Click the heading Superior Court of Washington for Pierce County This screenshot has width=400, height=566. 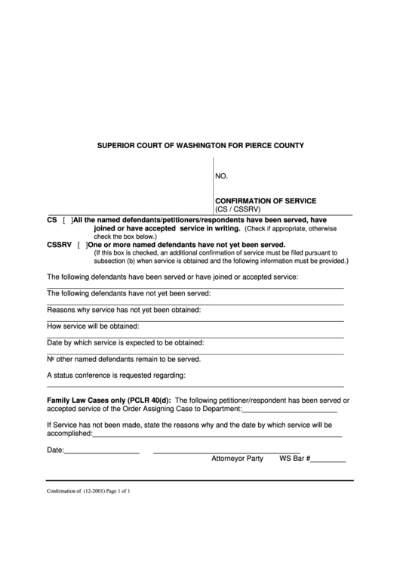[199, 144]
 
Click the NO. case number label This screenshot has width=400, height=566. [222, 176]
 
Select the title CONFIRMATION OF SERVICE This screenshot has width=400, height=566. [266, 201]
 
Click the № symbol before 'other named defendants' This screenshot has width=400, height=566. [51, 359]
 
